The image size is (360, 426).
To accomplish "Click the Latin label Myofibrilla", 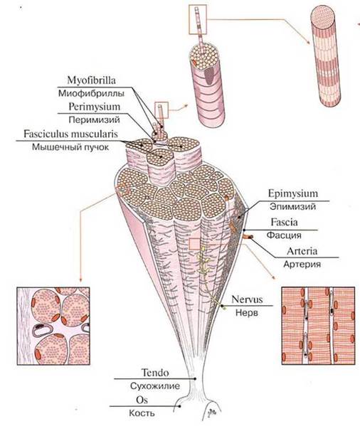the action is pos(91,80).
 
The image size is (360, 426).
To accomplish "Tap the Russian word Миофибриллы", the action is pos(91,93).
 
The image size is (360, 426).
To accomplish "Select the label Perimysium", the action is pos(95,107).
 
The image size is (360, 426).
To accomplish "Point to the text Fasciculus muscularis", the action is pos(70,134).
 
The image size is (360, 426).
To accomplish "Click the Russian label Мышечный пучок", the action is pos(70,147).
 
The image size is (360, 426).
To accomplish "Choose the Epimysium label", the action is pos(293,193).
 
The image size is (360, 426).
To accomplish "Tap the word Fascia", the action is pos(284,222).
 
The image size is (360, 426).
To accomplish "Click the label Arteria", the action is pos(302,251).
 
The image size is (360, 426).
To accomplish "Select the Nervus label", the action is pos(247,299).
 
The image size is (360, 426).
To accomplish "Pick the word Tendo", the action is pos(155,373).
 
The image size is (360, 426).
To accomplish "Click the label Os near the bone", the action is pos(142,400).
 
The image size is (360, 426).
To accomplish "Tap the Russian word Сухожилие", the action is pos(155,386).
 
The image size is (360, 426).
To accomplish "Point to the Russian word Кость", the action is pos(142,413).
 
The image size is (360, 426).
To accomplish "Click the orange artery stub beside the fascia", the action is pos(248,237).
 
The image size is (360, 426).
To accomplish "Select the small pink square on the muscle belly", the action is pos(195,244).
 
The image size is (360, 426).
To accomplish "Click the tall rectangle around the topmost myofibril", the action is pos(198,19).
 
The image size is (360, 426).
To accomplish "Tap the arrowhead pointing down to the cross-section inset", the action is pos(80,279).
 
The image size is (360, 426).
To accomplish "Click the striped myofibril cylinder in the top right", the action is pos(326,55).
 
